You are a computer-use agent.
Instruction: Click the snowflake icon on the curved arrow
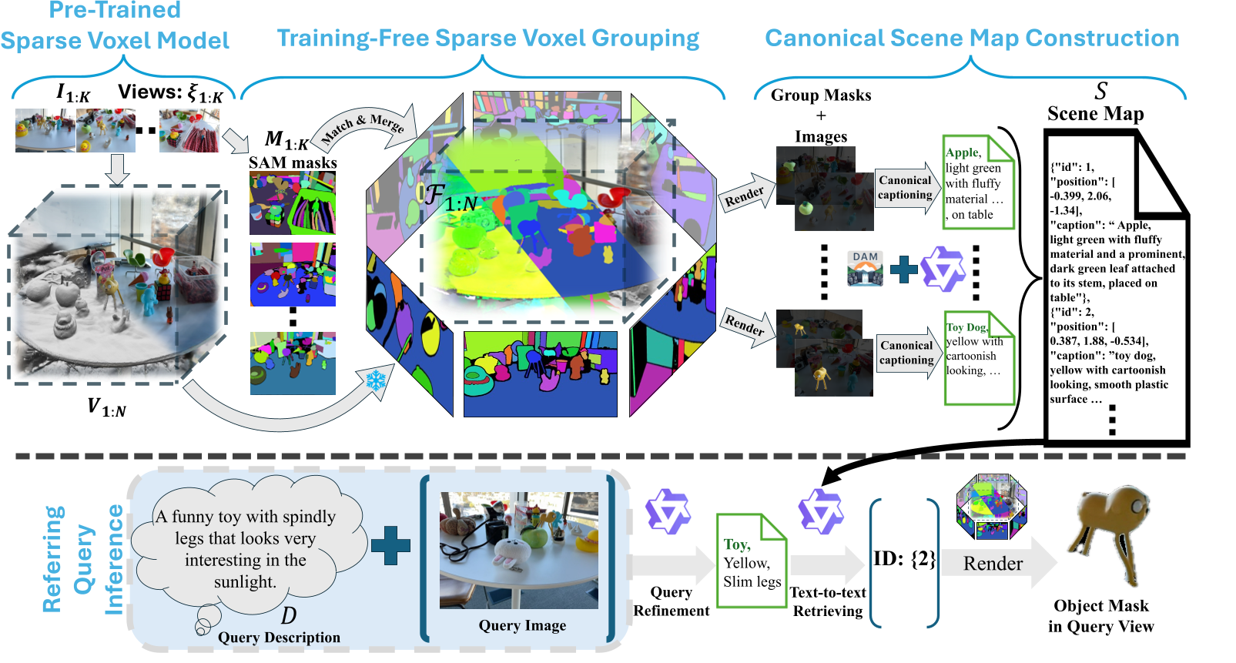coord(376,380)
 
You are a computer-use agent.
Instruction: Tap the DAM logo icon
coord(865,268)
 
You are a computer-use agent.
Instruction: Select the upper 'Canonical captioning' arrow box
coord(905,188)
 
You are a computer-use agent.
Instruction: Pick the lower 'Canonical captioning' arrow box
coord(906,353)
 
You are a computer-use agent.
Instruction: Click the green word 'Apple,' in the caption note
coord(963,152)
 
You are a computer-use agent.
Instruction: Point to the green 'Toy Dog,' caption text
coord(966,327)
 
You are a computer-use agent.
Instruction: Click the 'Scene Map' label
coord(1095,114)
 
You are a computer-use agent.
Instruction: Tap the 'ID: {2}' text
coord(904,559)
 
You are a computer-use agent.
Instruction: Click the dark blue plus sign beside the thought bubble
coord(390,546)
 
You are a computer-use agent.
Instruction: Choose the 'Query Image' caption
coord(522,625)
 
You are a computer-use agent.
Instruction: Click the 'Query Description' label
coord(279,638)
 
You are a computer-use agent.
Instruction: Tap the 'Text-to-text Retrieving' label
coord(828,601)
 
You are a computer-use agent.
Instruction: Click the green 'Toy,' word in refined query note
coord(736,544)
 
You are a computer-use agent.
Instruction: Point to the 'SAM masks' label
coord(293,162)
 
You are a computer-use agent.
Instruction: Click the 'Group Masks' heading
coord(821,95)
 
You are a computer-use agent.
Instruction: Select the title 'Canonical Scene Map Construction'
coord(972,38)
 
